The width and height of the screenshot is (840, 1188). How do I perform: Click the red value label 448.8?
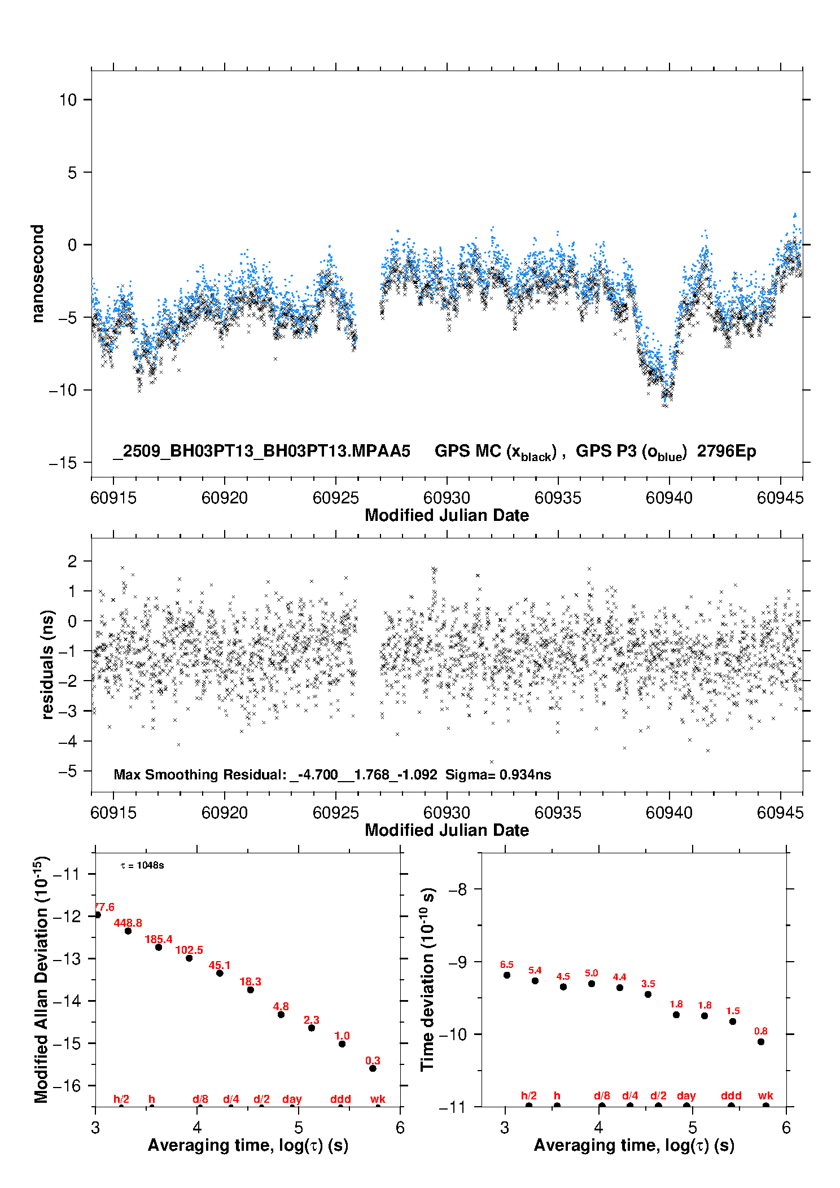click(128, 923)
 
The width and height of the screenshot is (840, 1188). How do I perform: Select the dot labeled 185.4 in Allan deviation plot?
click(159, 947)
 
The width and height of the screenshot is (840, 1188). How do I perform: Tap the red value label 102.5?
click(189, 950)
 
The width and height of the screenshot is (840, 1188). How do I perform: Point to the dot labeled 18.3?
click(251, 989)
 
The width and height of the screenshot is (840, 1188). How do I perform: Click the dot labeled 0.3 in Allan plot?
click(373, 1068)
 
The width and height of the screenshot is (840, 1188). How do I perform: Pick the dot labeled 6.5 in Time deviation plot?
click(507, 975)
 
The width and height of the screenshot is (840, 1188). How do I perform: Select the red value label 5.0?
click(591, 973)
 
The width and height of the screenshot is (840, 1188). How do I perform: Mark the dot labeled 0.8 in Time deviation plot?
click(761, 1042)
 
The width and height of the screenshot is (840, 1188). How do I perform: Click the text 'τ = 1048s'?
click(142, 866)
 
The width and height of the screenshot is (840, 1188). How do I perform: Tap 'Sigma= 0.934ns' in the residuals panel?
click(498, 774)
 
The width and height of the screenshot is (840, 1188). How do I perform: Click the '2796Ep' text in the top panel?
click(726, 451)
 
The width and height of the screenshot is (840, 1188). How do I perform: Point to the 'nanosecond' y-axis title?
click(38, 274)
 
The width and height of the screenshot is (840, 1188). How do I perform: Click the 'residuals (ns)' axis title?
click(48, 664)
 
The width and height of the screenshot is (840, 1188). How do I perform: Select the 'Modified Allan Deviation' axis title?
click(41, 979)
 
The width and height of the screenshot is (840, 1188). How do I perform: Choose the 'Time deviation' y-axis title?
click(427, 979)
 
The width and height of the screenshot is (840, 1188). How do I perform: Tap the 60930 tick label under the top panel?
click(447, 498)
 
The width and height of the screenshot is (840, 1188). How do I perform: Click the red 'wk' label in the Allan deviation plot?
click(378, 1099)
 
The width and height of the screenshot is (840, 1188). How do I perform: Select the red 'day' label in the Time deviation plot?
click(686, 1095)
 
